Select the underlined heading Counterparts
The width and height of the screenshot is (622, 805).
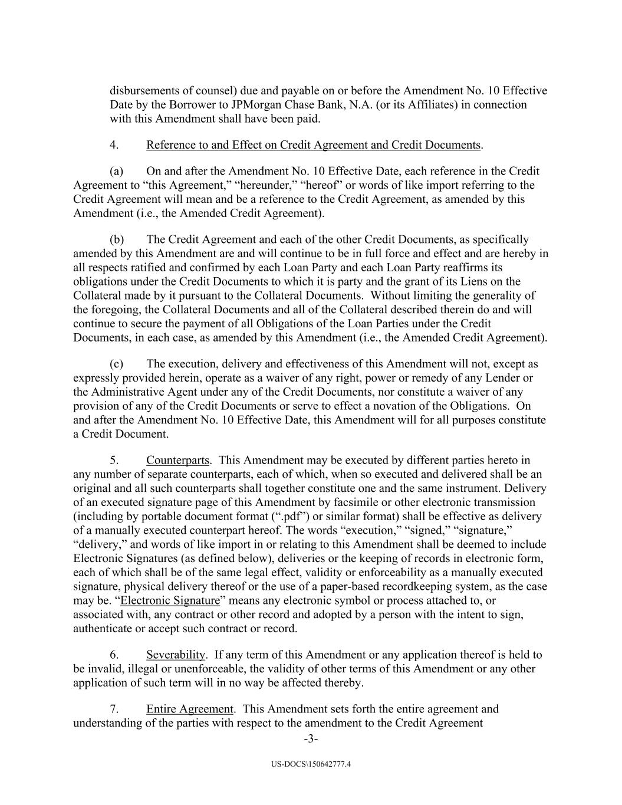tap(177, 460)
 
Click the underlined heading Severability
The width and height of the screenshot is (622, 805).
tap(176, 655)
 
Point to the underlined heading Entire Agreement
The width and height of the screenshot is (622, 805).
tap(189, 709)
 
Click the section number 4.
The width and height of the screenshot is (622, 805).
tap(114, 145)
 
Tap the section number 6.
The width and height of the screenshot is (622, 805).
tap(114, 655)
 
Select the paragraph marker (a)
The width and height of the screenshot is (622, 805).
tap(117, 171)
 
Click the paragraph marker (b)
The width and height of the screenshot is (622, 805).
tap(117, 239)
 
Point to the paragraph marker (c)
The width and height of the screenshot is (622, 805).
tap(117, 364)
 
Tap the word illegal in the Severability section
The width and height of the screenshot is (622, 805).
tap(143, 669)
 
